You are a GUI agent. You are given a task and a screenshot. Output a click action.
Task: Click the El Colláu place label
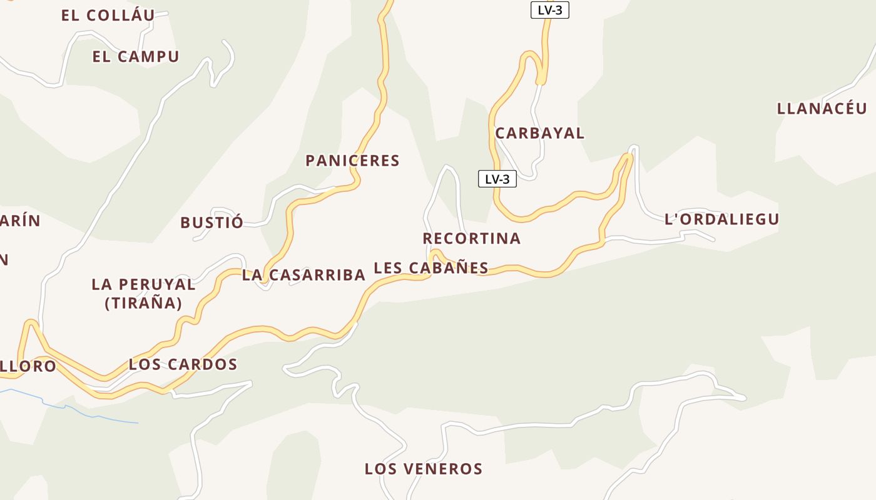pos(108,16)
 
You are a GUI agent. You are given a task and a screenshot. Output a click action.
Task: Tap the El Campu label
pos(136,56)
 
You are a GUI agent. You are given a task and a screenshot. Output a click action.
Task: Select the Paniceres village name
pos(352,161)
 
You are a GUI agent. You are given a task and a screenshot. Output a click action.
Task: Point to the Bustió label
pos(211,222)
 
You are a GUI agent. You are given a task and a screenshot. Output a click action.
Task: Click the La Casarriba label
pos(303,275)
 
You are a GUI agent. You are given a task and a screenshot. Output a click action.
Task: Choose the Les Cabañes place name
pos(430,268)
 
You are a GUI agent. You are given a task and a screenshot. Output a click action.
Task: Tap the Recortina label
pos(471,238)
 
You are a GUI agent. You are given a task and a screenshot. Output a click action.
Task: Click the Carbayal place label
pos(539,133)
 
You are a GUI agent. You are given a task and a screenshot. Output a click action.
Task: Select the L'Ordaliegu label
pos(721,219)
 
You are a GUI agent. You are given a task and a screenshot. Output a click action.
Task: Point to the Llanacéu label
pos(822,108)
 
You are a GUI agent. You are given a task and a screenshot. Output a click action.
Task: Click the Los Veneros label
pos(423,469)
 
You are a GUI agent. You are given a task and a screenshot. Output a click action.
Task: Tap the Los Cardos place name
pos(183,364)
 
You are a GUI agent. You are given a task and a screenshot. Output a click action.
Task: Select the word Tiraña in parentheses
pos(143,304)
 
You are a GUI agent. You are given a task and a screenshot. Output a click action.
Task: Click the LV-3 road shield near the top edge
pos(549,10)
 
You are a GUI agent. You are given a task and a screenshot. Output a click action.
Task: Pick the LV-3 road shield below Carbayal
pos(497,179)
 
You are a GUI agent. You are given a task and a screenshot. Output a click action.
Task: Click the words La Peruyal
pos(143,284)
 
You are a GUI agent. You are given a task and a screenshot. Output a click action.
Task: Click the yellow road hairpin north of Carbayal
pos(532,56)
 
